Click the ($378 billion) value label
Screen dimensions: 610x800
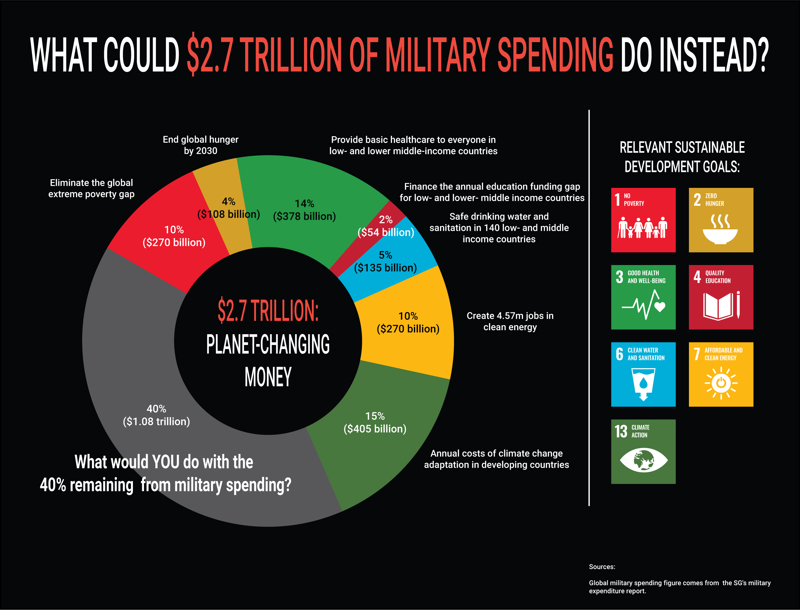click(304, 216)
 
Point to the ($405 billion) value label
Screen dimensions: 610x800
click(375, 429)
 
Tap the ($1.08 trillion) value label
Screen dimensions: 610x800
click(156, 422)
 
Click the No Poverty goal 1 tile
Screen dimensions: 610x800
click(643, 220)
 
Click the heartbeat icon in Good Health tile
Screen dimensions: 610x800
click(643, 305)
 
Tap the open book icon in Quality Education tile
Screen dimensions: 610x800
click(718, 307)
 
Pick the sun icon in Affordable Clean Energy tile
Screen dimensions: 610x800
click(721, 383)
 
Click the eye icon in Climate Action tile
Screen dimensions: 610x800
click(643, 460)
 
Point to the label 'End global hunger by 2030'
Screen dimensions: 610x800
click(201, 145)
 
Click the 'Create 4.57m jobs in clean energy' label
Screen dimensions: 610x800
click(510, 321)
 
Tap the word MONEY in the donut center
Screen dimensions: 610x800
click(268, 377)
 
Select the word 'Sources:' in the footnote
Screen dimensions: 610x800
click(602, 567)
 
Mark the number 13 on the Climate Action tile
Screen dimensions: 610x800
click(621, 431)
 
